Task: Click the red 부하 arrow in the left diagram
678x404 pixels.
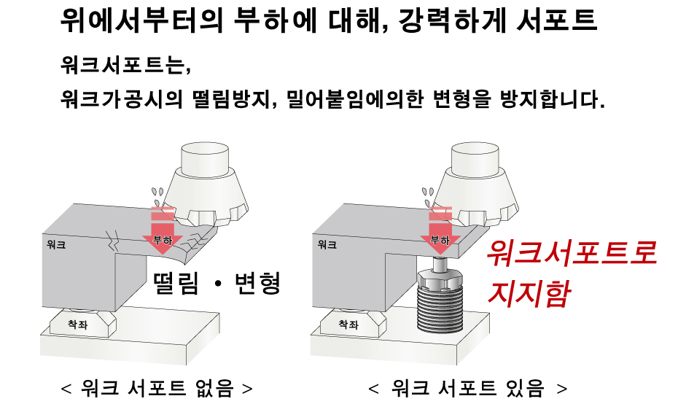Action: point(163,230)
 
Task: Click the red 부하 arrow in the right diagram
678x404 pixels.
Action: point(440,230)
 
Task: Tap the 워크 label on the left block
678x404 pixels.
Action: point(56,245)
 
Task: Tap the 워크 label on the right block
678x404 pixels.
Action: point(327,245)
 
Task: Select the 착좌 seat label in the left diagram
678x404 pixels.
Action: point(78,324)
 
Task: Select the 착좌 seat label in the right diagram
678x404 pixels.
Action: point(348,324)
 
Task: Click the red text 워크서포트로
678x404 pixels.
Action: point(572,254)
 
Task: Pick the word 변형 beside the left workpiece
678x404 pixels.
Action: point(257,284)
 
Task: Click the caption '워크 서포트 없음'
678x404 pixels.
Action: point(157,388)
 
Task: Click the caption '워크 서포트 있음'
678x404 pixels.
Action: point(468,388)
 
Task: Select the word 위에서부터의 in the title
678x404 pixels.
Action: point(141,20)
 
